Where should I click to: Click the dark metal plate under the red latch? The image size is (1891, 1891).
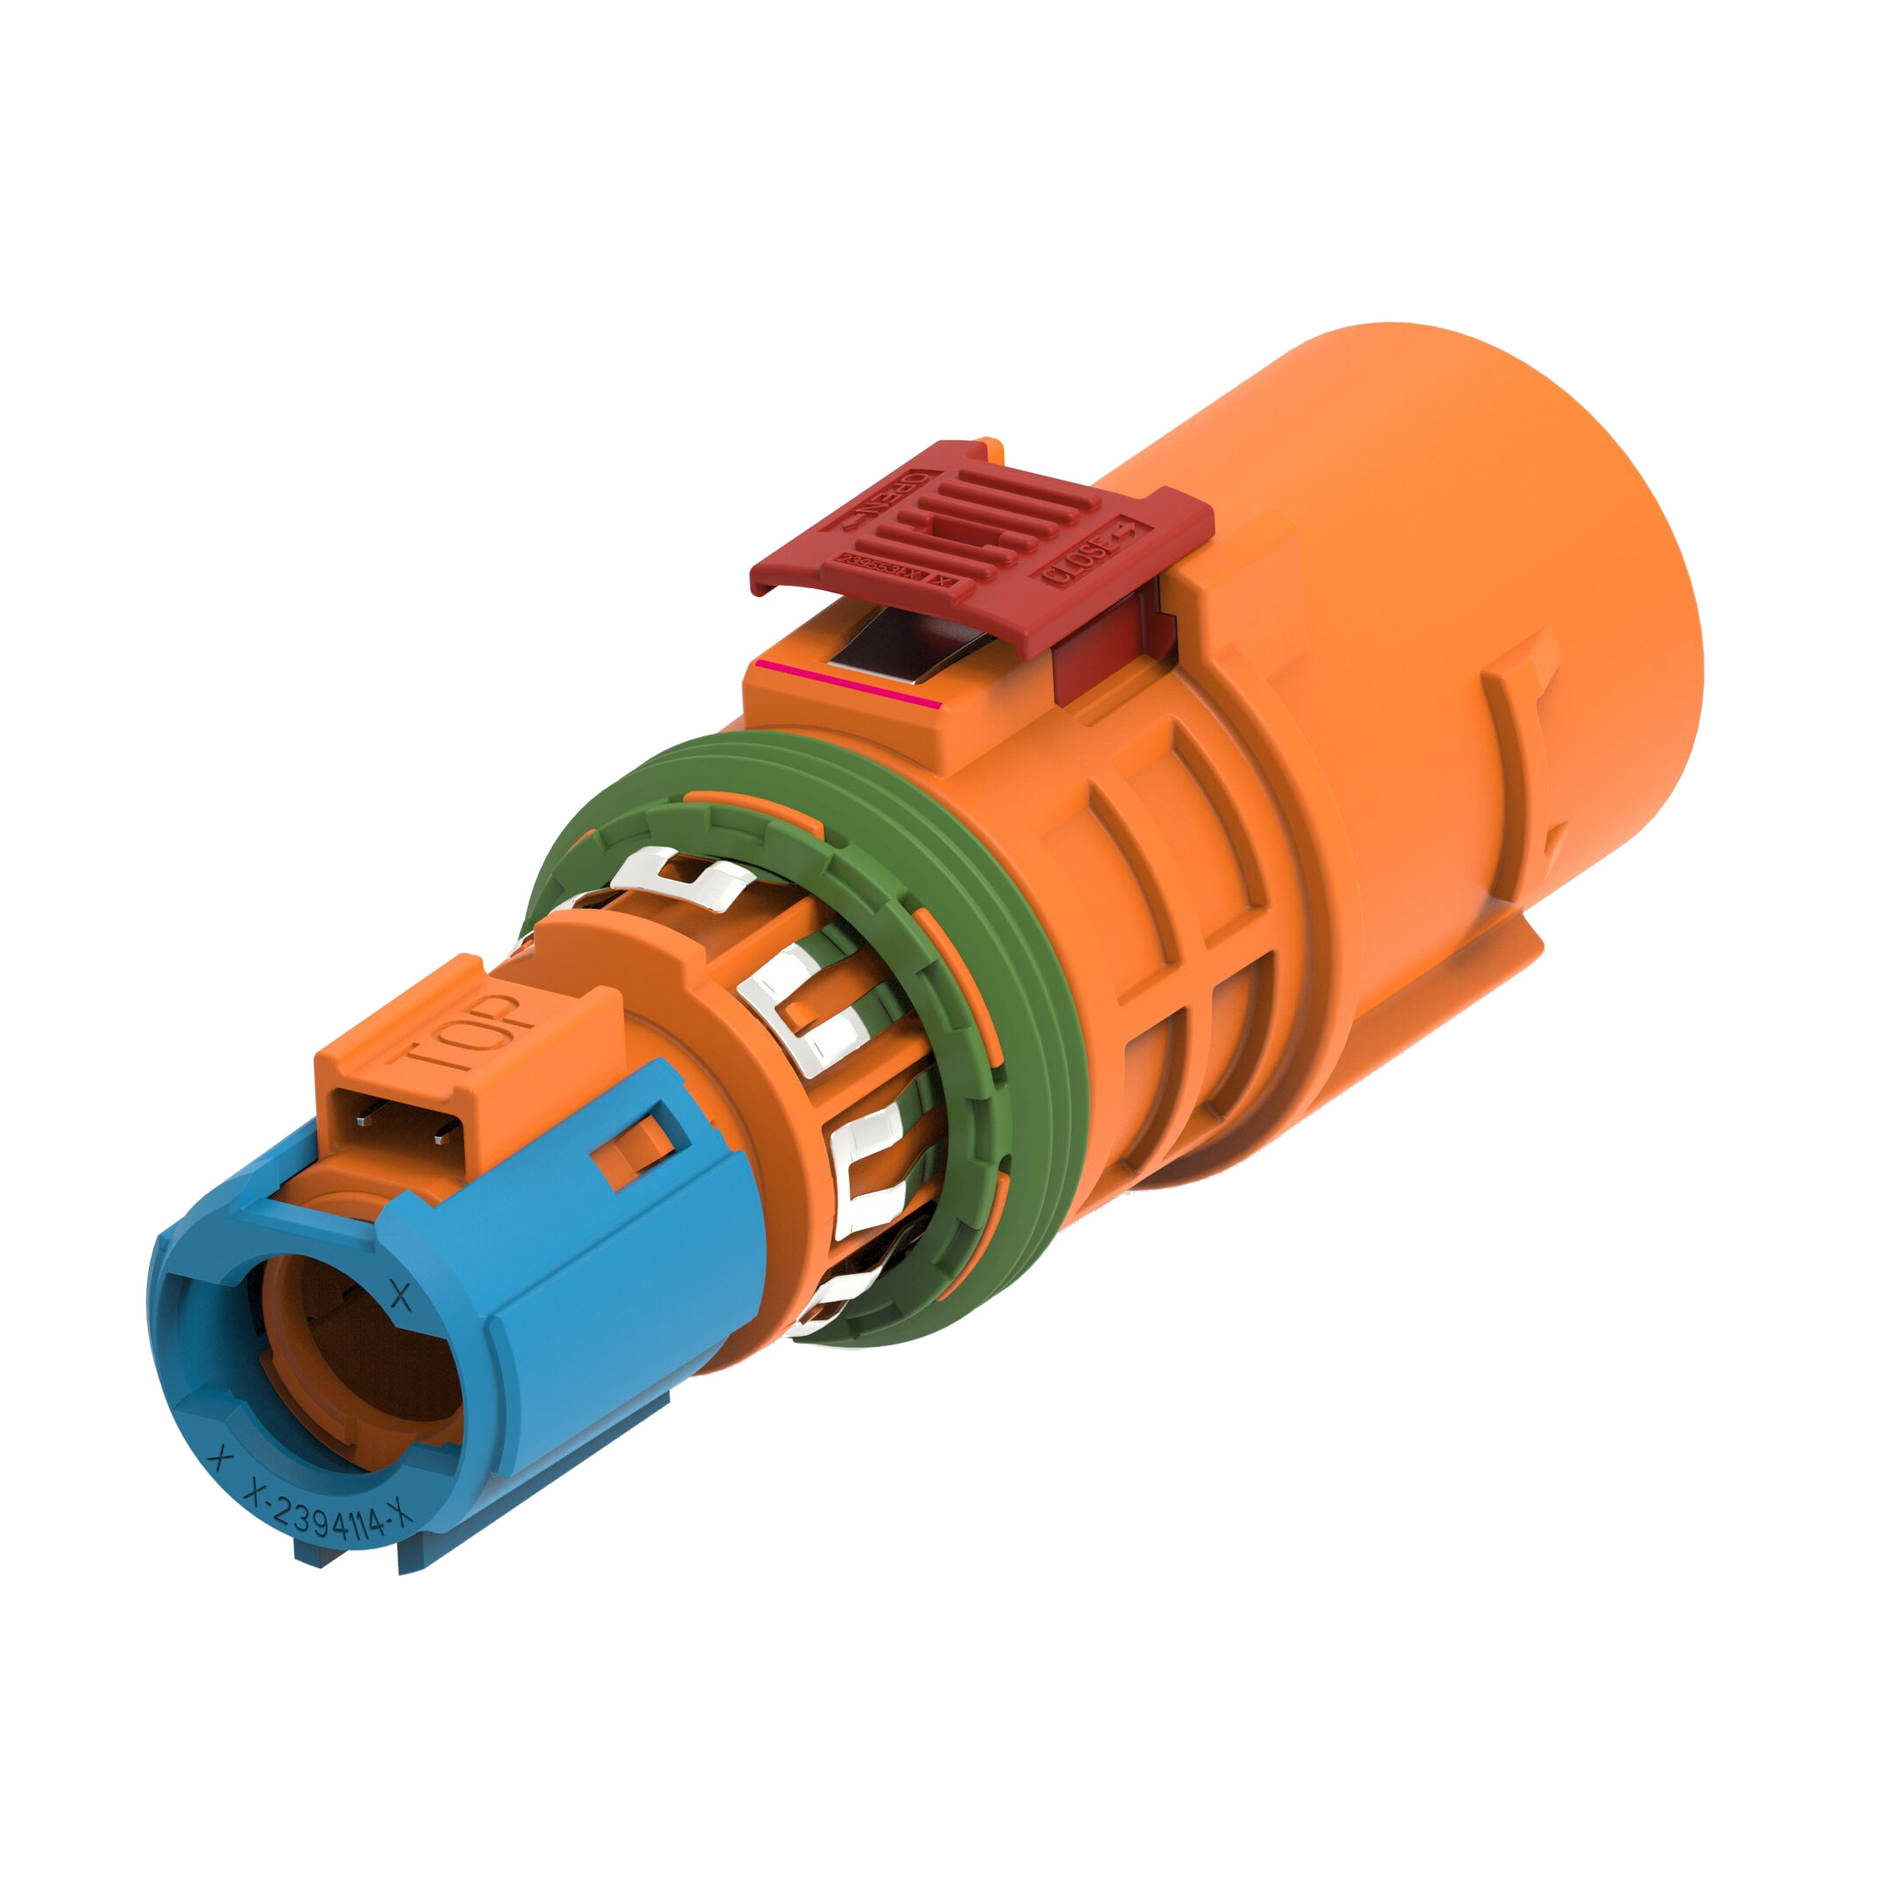(x=896, y=646)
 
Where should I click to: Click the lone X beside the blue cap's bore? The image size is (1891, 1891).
(x=400, y=1295)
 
